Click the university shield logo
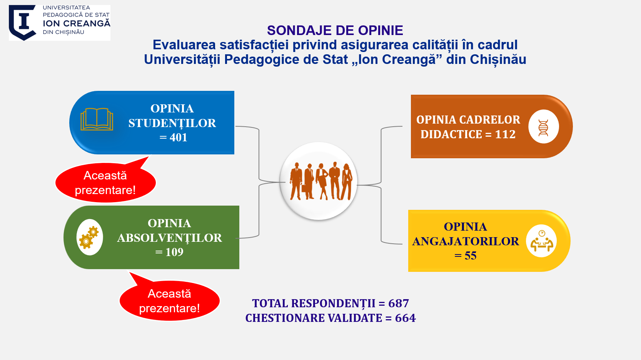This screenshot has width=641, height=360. pyautogui.click(x=23, y=22)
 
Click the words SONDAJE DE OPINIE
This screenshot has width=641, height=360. pyautogui.click(x=335, y=30)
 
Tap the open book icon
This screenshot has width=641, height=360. pyautogui.click(x=97, y=119)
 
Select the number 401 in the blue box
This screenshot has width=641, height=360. pyautogui.click(x=178, y=137)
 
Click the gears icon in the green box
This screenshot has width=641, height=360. pyautogui.click(x=89, y=238)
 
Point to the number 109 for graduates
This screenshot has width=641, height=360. pyautogui.click(x=174, y=252)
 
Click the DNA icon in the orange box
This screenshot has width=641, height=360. pyautogui.click(x=543, y=128)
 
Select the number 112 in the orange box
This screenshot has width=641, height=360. pyautogui.click(x=505, y=134)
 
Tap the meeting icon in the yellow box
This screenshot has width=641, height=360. pyautogui.click(x=542, y=241)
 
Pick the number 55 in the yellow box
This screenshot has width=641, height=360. pyautogui.click(x=471, y=256)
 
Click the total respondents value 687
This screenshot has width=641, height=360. pyautogui.click(x=399, y=303)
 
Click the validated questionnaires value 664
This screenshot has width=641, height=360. pyautogui.click(x=405, y=318)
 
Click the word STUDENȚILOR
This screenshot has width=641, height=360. pyautogui.click(x=172, y=124)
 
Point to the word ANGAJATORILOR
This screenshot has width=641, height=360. pyautogui.click(x=465, y=241)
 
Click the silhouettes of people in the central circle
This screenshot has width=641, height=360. pyautogui.click(x=321, y=181)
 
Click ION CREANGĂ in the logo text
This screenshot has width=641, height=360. pyautogui.click(x=77, y=23)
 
